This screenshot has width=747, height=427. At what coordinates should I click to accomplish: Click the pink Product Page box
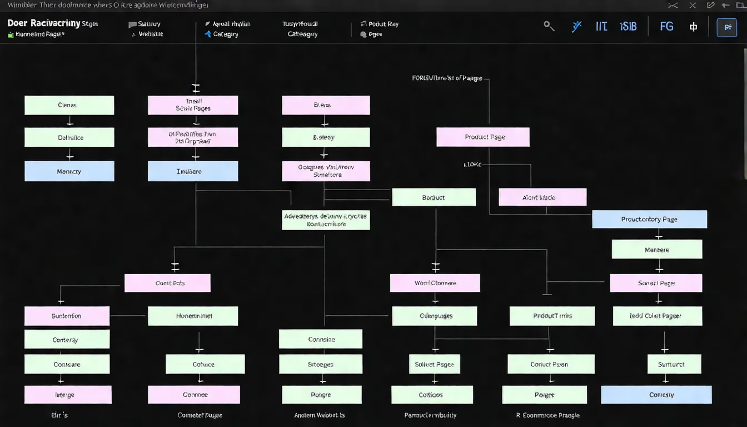point(482,137)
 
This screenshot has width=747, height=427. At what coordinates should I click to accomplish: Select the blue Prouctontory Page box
point(649,219)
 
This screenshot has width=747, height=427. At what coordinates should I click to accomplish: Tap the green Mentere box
point(656,250)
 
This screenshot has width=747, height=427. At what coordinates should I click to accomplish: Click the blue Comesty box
point(656,395)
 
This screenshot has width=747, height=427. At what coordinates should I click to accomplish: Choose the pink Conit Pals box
point(167,283)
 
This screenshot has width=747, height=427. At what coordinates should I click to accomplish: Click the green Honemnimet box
point(192,316)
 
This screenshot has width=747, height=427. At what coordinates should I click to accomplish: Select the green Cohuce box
point(205,364)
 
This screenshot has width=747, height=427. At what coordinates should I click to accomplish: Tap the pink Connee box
point(193,395)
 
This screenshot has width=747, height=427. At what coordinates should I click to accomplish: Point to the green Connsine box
point(320,339)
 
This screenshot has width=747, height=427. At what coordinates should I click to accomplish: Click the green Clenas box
point(69,105)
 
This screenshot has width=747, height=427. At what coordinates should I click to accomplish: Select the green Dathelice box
point(69,137)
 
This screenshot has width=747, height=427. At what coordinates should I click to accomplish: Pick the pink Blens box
point(325,105)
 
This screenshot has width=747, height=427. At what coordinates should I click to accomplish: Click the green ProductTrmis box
point(552,316)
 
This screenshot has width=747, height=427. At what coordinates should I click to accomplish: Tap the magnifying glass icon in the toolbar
point(549,26)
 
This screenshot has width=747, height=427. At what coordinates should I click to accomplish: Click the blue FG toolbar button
point(666,26)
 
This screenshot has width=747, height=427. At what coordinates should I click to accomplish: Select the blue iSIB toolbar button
point(628,26)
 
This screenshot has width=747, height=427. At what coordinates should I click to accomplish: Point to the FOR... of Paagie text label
point(447,78)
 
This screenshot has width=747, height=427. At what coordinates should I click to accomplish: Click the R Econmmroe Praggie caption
point(547,415)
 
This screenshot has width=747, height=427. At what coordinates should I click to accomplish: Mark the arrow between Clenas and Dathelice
point(69,121)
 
